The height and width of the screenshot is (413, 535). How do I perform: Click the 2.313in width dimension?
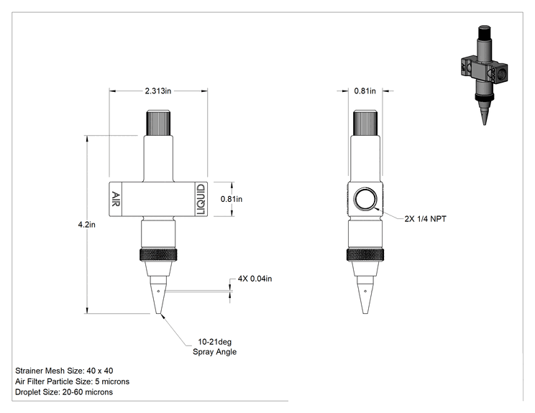158,91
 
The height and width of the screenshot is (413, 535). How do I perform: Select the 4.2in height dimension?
87,225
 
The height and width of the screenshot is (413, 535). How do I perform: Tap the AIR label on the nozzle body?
116,199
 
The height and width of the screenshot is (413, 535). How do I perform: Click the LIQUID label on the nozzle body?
201,200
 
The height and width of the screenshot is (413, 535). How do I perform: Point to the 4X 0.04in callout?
255,279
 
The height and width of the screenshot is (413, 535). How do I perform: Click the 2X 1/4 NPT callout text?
425,219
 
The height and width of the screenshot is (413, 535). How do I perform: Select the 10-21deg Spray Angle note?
214,347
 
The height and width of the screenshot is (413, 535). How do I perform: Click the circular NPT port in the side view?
365,199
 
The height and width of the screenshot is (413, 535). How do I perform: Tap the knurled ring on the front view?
158,255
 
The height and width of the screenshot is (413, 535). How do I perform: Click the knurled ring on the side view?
365,255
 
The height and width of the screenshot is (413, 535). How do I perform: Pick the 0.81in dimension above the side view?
365,91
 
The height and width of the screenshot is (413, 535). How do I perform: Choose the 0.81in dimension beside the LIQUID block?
232,199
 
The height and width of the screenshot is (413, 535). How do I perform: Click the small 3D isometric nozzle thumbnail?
484,75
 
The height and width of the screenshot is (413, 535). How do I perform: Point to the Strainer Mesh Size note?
64,371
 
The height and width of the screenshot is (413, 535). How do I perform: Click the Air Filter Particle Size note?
73,381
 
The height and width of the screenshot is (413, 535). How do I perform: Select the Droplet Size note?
64,392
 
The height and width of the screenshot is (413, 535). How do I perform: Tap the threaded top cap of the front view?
158,123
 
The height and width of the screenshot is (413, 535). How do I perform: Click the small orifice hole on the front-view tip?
158,291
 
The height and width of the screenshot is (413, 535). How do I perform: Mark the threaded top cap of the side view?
365,123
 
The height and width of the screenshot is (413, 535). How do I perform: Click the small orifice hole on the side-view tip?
365,291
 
